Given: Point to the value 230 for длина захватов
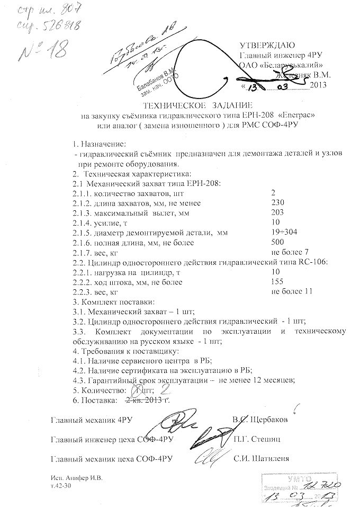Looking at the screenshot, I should [277, 202].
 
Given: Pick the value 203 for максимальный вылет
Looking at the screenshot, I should [277, 212].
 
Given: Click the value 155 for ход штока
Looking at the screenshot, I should [277, 282].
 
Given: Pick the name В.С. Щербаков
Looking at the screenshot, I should [260, 420].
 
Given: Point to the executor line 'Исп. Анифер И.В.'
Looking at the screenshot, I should [73, 477].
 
